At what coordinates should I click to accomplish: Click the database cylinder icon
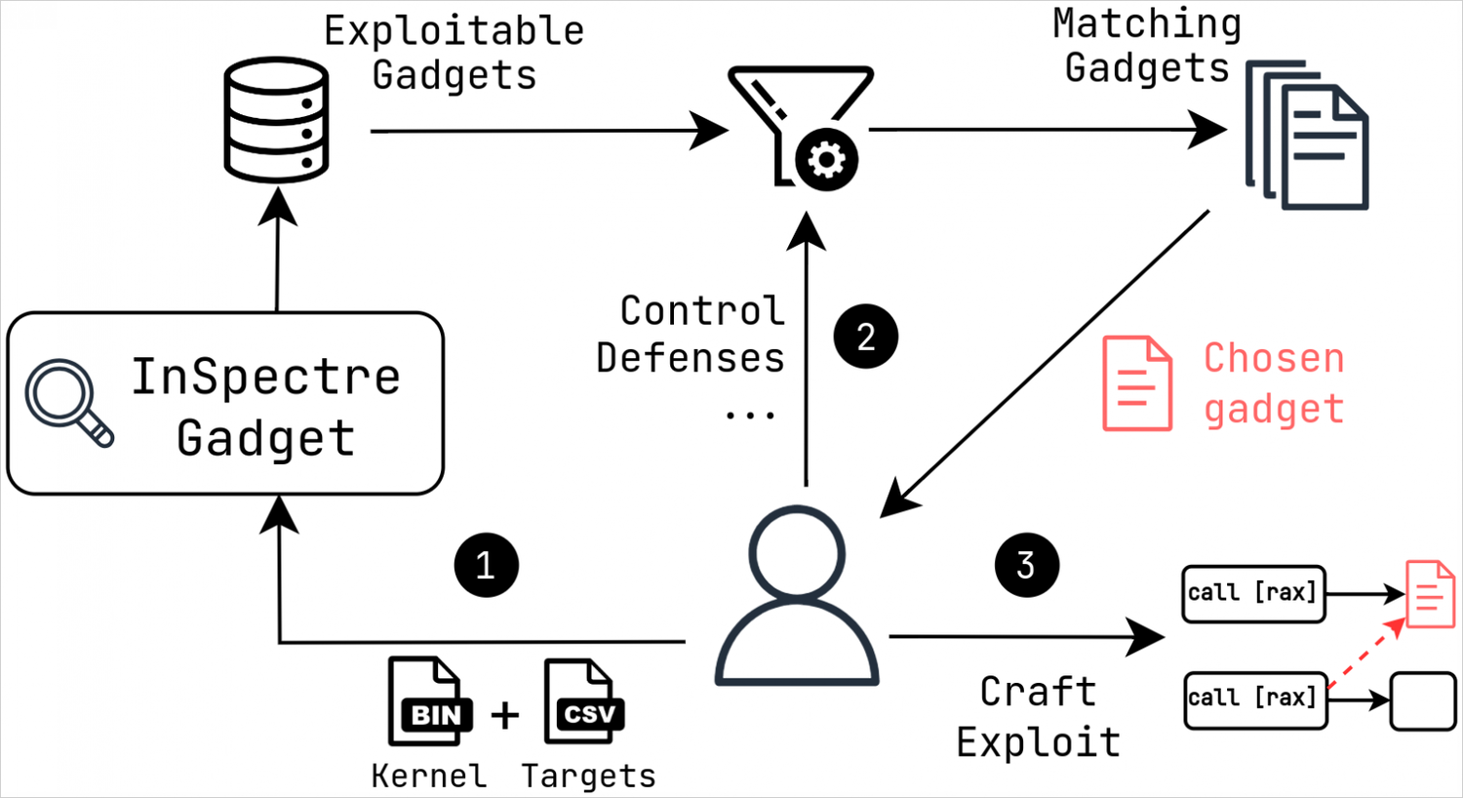276,120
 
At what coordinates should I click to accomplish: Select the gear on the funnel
826,159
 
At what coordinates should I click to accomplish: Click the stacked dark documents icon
1308,136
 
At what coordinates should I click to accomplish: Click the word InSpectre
265,377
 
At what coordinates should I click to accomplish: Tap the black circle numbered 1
486,565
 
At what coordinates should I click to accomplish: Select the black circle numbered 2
865,337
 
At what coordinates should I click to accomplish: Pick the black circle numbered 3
1026,565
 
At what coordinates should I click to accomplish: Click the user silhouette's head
797,552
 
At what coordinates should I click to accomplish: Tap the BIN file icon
429,702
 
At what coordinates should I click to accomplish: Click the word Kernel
428,776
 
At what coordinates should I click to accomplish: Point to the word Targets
588,776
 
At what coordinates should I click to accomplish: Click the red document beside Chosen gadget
1137,382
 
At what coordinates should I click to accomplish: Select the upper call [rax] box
1253,593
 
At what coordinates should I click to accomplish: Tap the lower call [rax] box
1255,698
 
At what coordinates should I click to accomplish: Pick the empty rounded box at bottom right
1422,699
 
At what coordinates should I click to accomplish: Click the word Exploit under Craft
1038,742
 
